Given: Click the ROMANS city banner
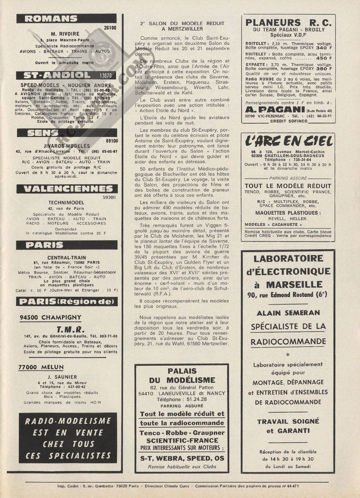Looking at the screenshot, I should (51, 19).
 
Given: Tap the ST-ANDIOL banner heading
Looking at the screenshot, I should (58, 75).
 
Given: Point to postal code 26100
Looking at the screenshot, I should (110, 28).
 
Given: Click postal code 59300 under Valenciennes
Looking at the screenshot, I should (109, 197).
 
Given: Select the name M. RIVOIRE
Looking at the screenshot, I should (65, 34).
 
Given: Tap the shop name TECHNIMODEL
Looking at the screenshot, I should (66, 203).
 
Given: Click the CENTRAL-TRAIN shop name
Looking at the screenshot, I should (67, 258).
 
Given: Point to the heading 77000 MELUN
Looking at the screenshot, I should (41, 367).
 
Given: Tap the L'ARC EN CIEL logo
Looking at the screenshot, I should (289, 142).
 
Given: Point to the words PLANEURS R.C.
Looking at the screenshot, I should (288, 23).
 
